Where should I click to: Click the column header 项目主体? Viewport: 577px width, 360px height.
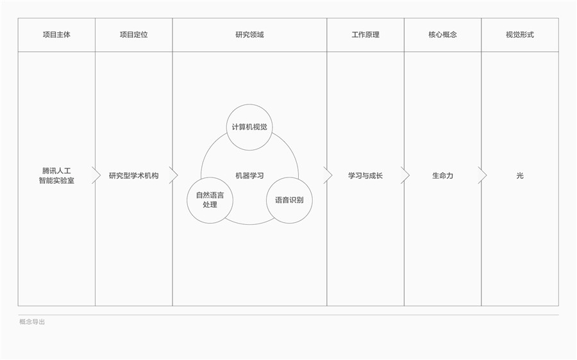click(56, 35)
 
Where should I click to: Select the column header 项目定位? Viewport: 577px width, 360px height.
click(133, 35)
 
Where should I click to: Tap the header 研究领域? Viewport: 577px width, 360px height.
click(249, 35)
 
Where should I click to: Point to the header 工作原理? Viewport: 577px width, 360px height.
click(365, 35)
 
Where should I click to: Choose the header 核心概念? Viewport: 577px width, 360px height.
click(442, 35)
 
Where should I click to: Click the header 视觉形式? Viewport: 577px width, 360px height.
click(520, 35)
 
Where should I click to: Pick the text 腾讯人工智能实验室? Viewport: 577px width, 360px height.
click(56, 176)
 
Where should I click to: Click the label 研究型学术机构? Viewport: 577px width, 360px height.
click(133, 176)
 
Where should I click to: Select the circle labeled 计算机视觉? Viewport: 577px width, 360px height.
click(249, 127)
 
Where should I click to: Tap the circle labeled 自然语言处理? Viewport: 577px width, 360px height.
click(210, 200)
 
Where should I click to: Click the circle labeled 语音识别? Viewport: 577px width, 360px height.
click(289, 200)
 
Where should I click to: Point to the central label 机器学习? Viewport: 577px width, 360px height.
click(249, 176)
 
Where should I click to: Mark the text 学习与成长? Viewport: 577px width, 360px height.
click(365, 176)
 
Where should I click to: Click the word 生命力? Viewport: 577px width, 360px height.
click(442, 176)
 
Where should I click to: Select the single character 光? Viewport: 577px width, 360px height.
click(520, 176)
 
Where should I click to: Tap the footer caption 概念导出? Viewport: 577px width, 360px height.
click(32, 322)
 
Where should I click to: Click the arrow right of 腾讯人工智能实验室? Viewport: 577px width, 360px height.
click(96, 175)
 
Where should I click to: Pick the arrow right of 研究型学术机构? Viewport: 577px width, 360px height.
click(173, 175)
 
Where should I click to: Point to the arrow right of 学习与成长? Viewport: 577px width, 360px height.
click(405, 175)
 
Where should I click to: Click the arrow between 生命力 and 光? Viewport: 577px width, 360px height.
click(482, 175)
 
